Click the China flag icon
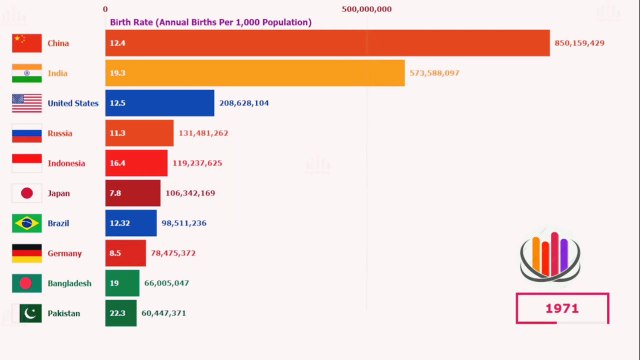coord(27,43)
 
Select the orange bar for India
coord(255,73)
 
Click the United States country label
coord(73,103)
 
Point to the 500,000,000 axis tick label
coord(366,9)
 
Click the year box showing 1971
coord(562,309)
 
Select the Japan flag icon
coord(27,193)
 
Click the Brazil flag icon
coord(27,223)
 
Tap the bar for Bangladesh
coord(122,283)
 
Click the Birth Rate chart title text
coord(209,22)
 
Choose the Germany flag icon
coord(27,253)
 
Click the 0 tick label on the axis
coord(106,9)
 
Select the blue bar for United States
coord(160,103)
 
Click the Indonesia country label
coord(66,163)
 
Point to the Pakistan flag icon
coord(27,313)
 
